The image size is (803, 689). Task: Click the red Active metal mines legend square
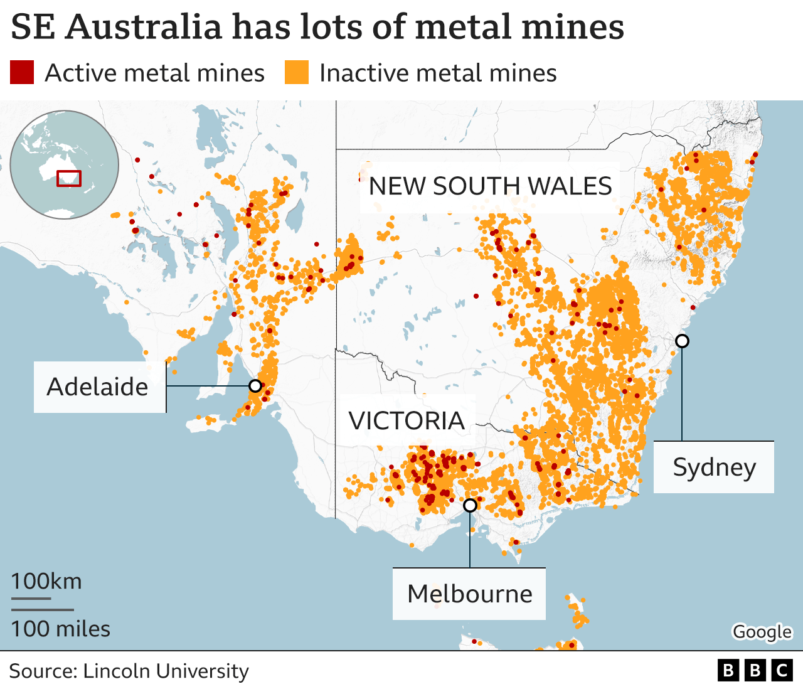point(22,72)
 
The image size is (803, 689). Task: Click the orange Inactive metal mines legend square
point(297,72)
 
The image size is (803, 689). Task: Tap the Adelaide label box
point(98,387)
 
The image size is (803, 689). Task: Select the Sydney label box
point(714,467)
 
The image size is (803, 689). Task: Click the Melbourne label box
point(469,594)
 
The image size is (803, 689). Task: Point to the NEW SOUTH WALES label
point(490,186)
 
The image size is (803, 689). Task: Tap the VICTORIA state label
point(407,420)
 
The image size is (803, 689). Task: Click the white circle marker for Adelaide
point(255,385)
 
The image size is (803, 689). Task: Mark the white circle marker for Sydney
point(682,341)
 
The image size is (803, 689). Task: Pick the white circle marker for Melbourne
point(470,505)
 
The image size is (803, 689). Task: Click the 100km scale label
point(46,581)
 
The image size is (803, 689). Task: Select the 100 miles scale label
point(60,629)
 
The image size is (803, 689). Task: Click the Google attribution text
point(762,632)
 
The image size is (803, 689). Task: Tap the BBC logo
point(755,671)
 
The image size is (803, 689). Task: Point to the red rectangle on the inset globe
point(69,178)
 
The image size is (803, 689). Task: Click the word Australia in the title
point(144,27)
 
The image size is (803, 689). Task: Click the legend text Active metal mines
point(154,73)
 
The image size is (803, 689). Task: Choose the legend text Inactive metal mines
point(438,73)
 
